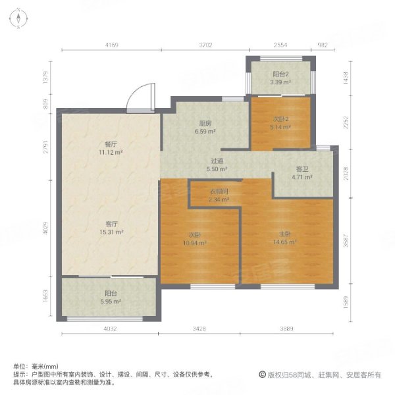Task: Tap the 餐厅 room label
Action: coord(110,144)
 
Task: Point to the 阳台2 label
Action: coord(280,75)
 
